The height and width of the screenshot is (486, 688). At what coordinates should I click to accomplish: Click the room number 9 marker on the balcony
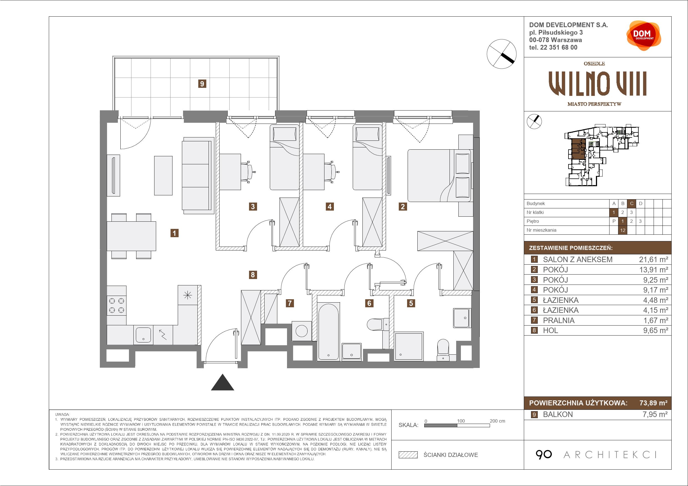click(x=202, y=84)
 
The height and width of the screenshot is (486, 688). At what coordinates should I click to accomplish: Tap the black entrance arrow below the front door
click(x=222, y=382)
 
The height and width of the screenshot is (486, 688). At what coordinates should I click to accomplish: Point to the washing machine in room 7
click(x=301, y=331)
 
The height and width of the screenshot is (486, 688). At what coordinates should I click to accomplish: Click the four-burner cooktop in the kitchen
click(x=116, y=305)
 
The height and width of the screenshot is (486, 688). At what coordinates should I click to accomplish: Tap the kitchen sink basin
click(x=143, y=334)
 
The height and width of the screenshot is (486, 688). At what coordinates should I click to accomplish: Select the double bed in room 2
click(x=439, y=175)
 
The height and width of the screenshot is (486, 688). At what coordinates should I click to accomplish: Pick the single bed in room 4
click(x=367, y=157)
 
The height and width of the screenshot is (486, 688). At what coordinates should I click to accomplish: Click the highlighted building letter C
click(x=632, y=204)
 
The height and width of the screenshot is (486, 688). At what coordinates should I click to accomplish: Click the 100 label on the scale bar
click(x=461, y=421)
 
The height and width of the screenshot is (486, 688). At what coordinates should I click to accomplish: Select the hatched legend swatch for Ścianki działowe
click(x=408, y=455)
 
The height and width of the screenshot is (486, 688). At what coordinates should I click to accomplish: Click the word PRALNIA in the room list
click(x=558, y=320)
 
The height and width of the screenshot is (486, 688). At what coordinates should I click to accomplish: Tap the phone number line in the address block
click(x=553, y=47)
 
